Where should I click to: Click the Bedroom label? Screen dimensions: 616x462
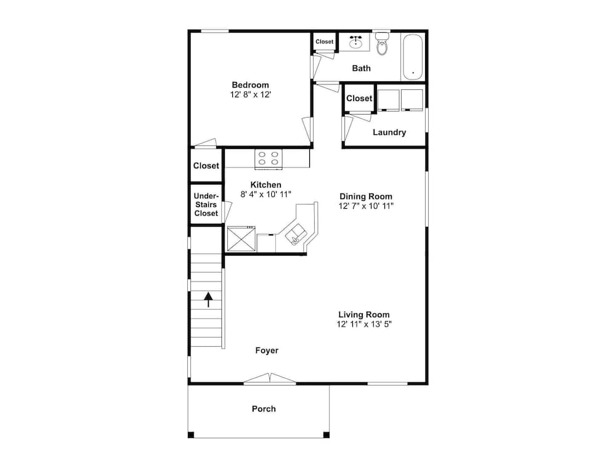pyautogui.click(x=250, y=85)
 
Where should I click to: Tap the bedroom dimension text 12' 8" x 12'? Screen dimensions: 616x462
pyautogui.click(x=250, y=95)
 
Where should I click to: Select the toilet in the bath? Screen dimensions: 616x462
pyautogui.click(x=382, y=44)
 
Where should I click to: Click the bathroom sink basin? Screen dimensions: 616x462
pyautogui.click(x=356, y=41)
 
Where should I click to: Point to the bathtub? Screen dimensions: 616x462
pyautogui.click(x=413, y=57)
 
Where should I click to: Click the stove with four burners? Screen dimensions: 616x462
pyautogui.click(x=269, y=158)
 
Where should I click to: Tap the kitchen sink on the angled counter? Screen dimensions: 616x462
pyautogui.click(x=296, y=235)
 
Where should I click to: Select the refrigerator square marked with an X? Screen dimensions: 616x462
pyautogui.click(x=241, y=238)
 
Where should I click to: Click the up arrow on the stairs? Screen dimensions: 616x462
pyautogui.click(x=208, y=299)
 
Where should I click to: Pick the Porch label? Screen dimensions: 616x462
pyautogui.click(x=264, y=409)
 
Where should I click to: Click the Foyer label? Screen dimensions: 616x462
pyautogui.click(x=267, y=351)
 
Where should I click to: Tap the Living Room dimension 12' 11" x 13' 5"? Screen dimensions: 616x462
pyautogui.click(x=364, y=324)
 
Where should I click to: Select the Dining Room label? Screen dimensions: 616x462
pyautogui.click(x=366, y=197)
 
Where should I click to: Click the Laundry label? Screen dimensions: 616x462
pyautogui.click(x=389, y=132)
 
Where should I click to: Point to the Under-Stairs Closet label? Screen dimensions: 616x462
pyautogui.click(x=206, y=205)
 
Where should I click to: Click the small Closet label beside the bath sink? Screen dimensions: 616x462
pyautogui.click(x=325, y=42)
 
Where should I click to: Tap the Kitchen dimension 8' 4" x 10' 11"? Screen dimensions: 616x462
pyautogui.click(x=265, y=194)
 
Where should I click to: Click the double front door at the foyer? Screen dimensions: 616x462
pyautogui.click(x=270, y=378)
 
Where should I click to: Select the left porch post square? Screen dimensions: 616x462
pyautogui.click(x=191, y=435)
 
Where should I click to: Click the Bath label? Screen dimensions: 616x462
pyautogui.click(x=361, y=68)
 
